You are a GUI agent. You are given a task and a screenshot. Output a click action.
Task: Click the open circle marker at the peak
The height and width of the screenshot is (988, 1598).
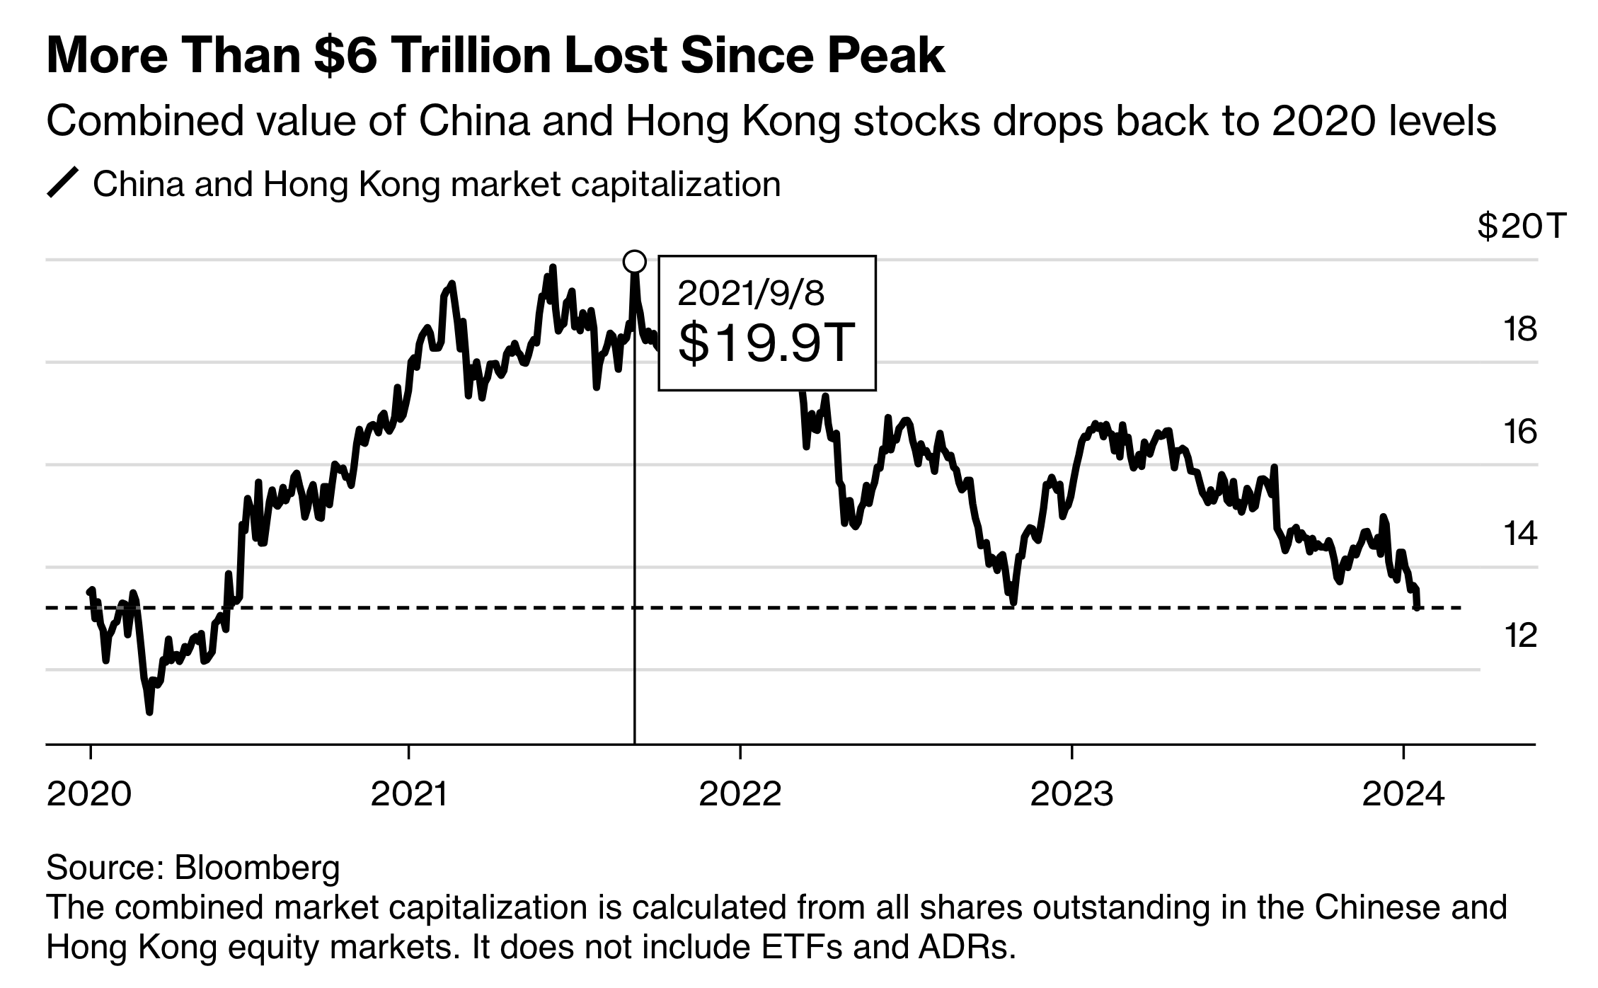(x=635, y=262)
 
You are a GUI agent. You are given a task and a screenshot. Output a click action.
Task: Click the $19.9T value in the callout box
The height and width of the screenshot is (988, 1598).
(x=767, y=343)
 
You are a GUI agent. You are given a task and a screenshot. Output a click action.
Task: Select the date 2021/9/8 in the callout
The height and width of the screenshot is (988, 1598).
(x=751, y=293)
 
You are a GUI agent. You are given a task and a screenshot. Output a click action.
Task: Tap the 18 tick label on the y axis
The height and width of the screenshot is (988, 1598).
(x=1519, y=330)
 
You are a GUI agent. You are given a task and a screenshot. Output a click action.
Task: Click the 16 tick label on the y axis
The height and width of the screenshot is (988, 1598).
(x=1519, y=432)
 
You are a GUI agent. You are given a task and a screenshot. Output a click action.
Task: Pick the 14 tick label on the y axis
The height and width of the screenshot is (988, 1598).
(x=1519, y=534)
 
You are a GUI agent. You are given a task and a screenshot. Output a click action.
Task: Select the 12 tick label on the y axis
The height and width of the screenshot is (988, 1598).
(x=1519, y=636)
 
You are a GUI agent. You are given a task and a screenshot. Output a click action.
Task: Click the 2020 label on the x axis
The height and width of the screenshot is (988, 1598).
(x=89, y=795)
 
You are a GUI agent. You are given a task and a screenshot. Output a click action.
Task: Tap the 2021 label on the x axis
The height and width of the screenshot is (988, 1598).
(x=409, y=795)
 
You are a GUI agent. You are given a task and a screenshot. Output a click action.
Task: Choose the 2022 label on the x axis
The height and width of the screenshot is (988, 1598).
(x=740, y=795)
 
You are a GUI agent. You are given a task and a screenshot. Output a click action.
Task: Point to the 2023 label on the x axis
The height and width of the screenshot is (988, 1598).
(x=1071, y=795)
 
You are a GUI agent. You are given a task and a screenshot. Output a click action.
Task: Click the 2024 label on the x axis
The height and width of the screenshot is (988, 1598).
(x=1403, y=795)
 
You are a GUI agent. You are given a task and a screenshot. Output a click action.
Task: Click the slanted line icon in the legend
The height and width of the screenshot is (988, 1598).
(x=62, y=183)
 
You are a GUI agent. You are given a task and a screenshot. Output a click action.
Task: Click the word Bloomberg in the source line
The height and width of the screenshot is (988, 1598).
(x=257, y=867)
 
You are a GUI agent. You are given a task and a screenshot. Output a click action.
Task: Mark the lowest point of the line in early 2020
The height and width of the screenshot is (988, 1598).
(x=149, y=711)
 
